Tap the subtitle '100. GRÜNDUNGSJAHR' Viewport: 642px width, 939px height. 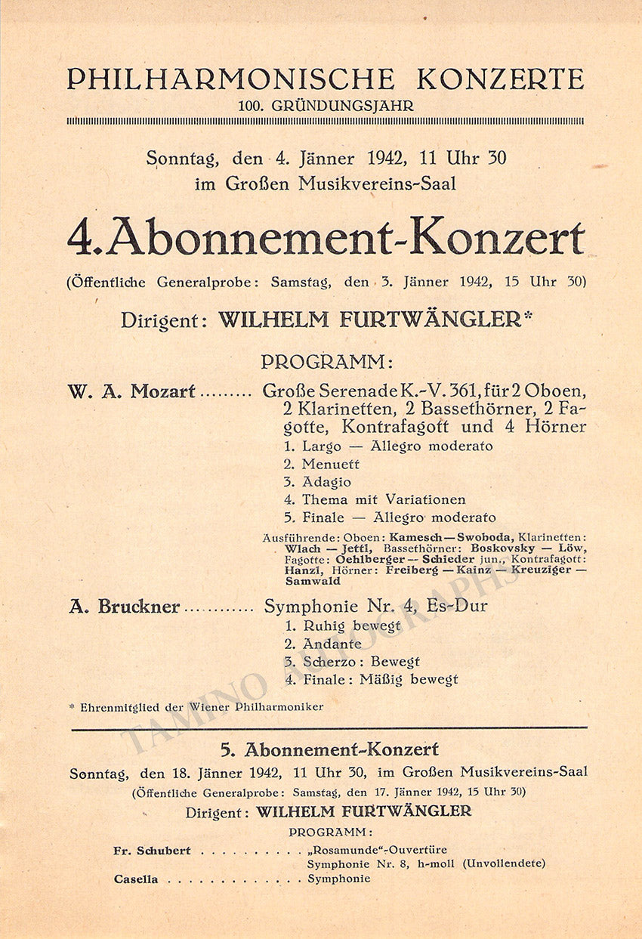tap(326, 106)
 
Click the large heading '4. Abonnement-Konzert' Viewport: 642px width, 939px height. tap(326, 239)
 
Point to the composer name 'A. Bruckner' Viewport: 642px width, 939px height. tap(124, 607)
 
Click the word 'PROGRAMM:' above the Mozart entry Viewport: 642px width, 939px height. tap(326, 362)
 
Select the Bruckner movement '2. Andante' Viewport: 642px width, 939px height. tap(323, 644)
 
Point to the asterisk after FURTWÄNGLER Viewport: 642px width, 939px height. tap(528, 315)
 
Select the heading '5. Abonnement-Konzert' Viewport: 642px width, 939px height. tap(329, 749)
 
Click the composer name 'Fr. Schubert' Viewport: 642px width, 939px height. tap(152, 851)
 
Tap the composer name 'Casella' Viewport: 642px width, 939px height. tap(136, 879)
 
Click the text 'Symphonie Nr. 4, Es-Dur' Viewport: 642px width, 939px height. tap(375, 606)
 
